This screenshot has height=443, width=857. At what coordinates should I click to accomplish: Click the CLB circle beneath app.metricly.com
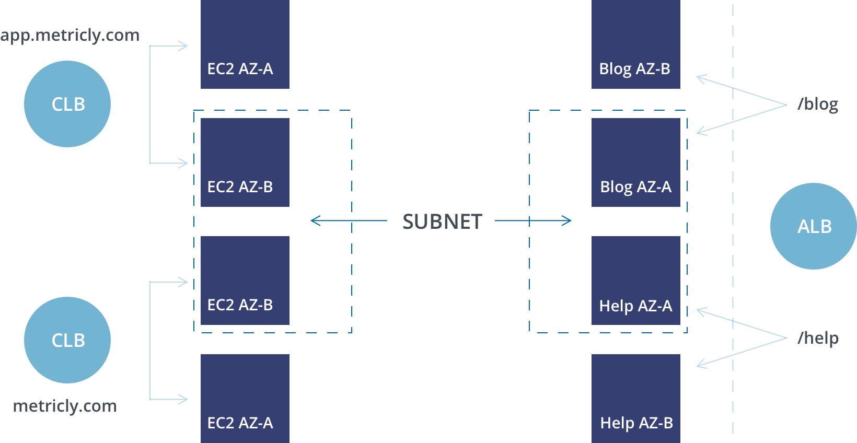click(x=67, y=104)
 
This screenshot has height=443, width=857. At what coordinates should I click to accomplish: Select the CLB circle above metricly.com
click(x=67, y=340)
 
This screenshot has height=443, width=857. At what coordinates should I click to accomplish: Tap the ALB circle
click(x=814, y=226)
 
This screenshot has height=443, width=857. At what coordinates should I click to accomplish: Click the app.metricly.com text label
click(x=70, y=36)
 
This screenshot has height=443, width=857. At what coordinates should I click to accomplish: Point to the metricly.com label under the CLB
click(x=65, y=406)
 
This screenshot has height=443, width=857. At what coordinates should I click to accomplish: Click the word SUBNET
click(x=442, y=221)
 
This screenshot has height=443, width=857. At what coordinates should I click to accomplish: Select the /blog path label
click(x=818, y=104)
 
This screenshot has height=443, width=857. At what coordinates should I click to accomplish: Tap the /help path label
click(x=818, y=338)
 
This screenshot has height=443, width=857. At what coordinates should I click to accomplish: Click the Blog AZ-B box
click(x=636, y=44)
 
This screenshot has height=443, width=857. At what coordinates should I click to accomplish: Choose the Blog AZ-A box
click(x=636, y=162)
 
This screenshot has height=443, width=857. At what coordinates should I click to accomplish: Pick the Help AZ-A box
click(x=636, y=281)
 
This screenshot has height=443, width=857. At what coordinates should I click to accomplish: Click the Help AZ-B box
click(x=636, y=399)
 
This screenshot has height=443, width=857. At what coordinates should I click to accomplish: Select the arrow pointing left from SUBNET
click(x=349, y=220)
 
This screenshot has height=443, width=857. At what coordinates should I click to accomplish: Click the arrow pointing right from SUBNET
click(x=533, y=220)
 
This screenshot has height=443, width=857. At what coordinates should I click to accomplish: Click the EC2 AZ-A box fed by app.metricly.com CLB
click(x=245, y=44)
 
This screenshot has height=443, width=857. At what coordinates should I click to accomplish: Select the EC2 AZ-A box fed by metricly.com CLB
click(x=245, y=399)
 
